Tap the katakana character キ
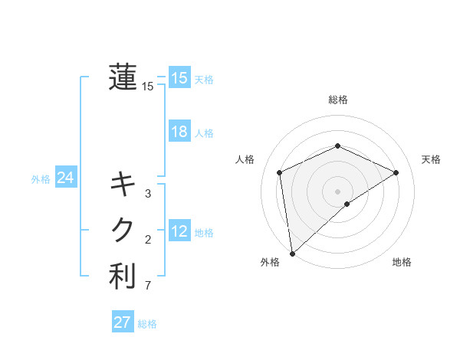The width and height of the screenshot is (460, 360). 123,185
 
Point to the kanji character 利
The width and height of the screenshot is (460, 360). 123,276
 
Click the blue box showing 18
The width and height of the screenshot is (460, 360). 179,132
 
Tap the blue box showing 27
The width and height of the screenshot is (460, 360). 123,322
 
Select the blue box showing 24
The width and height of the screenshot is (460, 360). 65,178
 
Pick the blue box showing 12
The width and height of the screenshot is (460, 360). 179,231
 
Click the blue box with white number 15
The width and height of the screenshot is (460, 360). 179,78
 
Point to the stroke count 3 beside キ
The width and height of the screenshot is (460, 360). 148,193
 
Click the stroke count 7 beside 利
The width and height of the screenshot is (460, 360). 148,286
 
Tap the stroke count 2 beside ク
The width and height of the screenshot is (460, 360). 148,240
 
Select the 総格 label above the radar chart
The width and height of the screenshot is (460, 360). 337,100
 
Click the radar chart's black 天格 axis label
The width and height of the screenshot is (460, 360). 431,159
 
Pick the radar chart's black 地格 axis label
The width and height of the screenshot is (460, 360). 402,262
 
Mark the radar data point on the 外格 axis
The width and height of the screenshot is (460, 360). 292,253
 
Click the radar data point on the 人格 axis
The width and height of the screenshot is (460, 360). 280,172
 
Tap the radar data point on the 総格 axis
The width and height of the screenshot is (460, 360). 337,146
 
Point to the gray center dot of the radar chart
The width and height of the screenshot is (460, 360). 337,191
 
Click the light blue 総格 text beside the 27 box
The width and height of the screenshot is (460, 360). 147,324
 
